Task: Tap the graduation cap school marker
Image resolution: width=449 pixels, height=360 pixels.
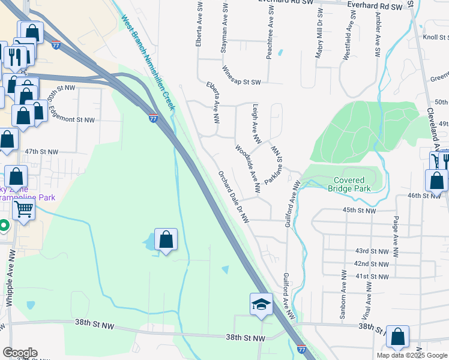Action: coord(262,305)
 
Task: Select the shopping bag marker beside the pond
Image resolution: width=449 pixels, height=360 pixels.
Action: coord(166,240)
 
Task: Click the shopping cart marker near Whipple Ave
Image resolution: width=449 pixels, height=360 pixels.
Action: coord(23,209)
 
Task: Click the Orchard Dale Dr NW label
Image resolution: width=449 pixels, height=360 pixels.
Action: coord(234,197)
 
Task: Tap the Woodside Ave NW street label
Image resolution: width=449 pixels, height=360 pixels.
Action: coord(248,169)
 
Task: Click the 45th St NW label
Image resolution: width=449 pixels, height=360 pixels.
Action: coord(359,211)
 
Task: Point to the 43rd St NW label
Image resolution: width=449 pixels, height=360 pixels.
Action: coord(372,250)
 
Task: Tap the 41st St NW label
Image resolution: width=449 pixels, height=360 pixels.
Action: coord(372,276)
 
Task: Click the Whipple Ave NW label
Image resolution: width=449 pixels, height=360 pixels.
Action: coord(9,287)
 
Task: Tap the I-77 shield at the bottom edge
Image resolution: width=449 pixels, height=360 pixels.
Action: coord(301,348)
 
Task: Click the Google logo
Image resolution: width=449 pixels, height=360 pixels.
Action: coord(20,353)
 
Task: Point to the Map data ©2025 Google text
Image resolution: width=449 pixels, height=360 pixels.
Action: coord(412,355)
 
